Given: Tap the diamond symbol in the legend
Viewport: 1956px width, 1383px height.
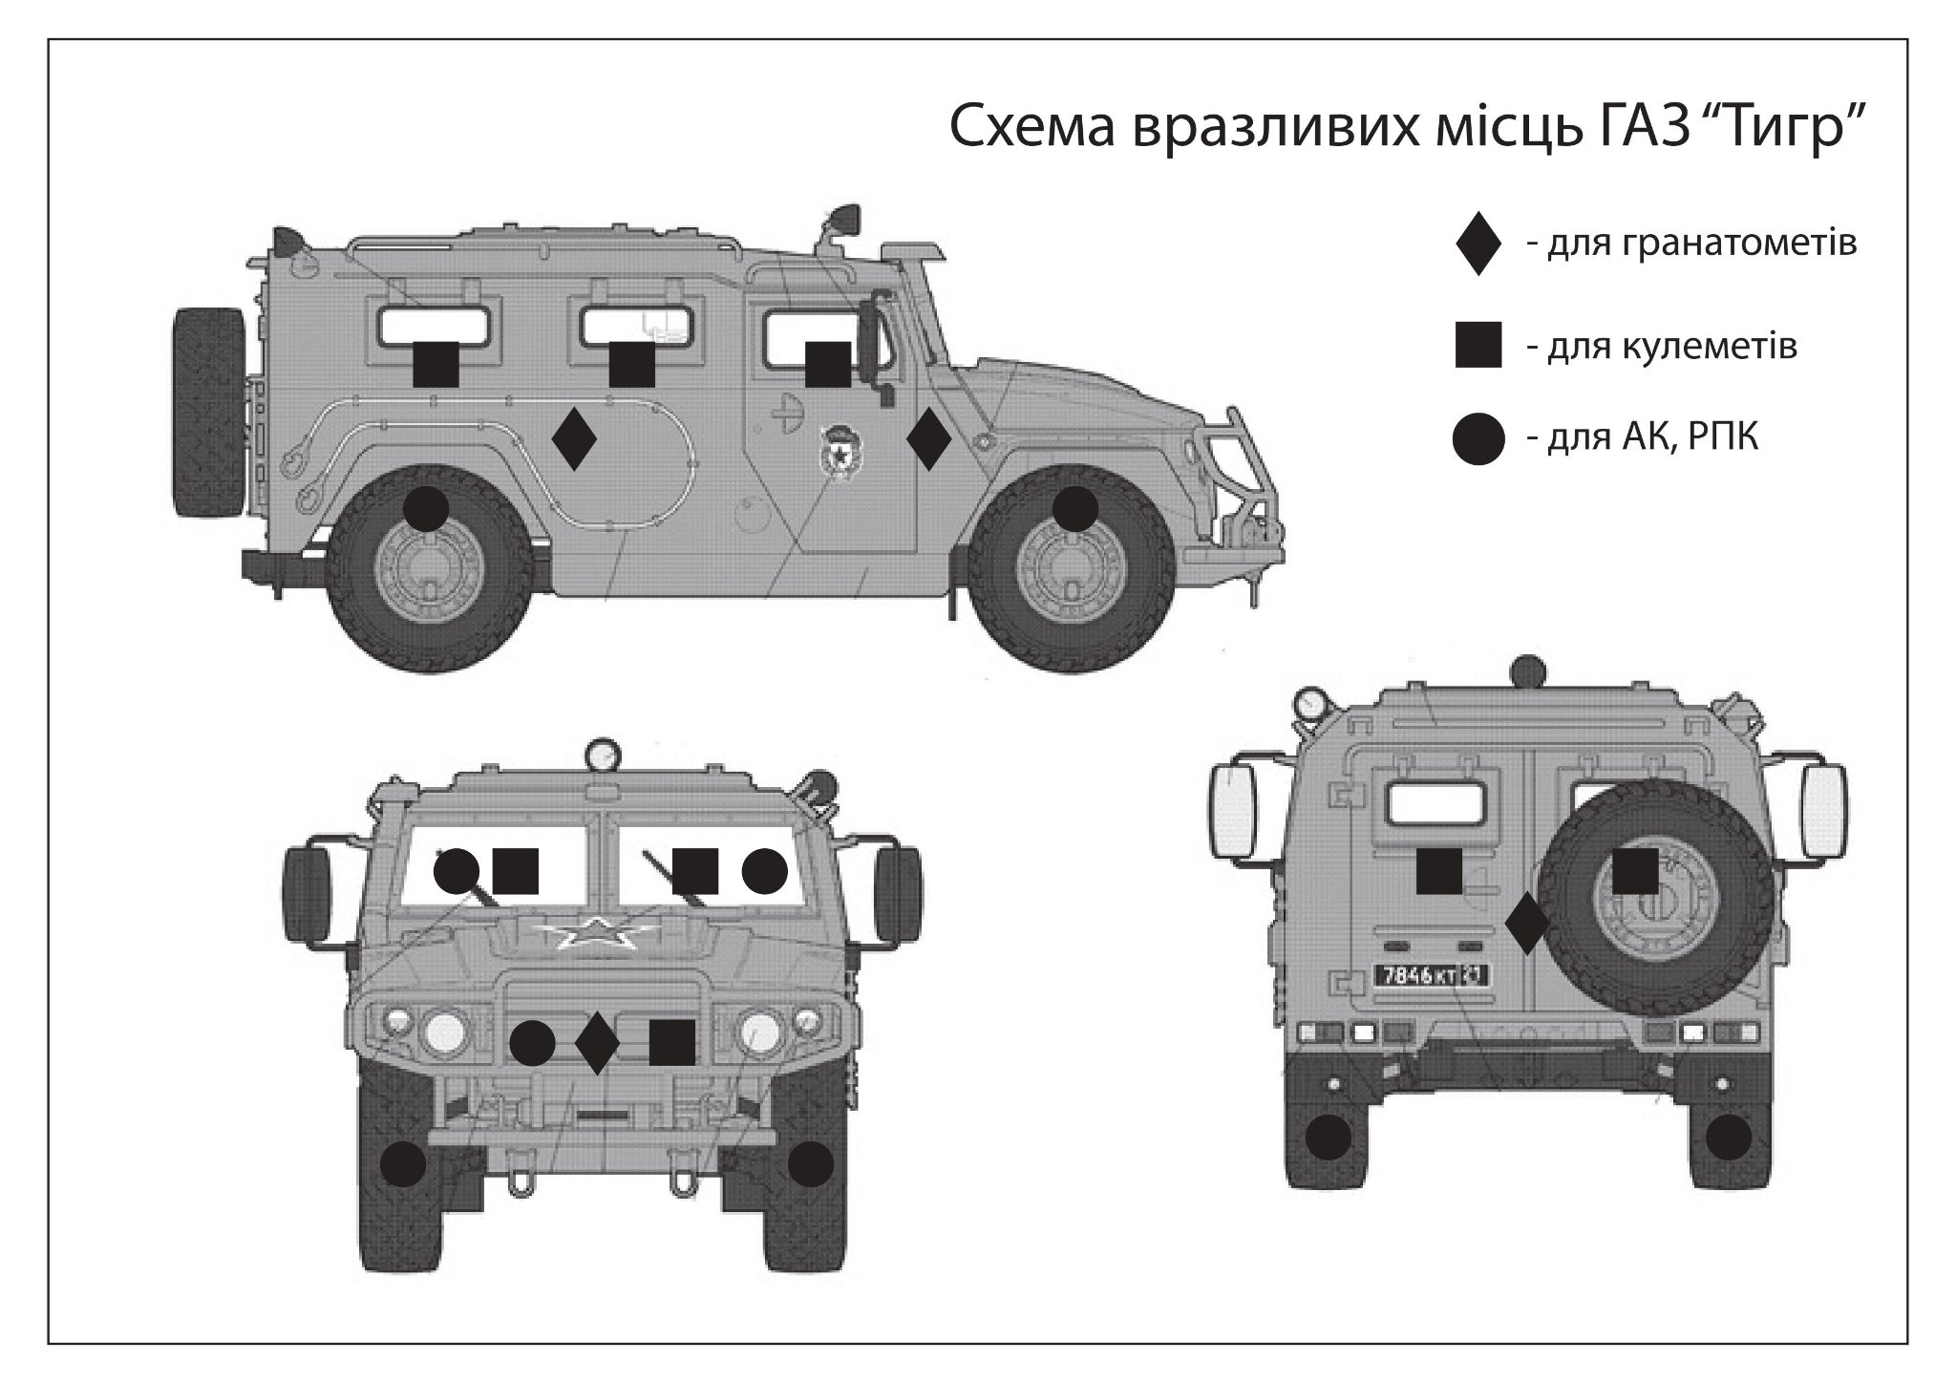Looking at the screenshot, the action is pyautogui.click(x=1478, y=244).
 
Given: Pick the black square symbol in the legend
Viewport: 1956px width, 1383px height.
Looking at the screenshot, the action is pyautogui.click(x=1478, y=345).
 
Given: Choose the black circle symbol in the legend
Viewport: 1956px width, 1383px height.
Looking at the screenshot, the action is pyautogui.click(x=1478, y=439).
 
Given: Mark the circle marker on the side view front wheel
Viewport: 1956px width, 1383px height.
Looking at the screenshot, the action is pyautogui.click(x=1074, y=509).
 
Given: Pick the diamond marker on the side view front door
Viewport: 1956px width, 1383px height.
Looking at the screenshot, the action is pyautogui.click(x=927, y=438).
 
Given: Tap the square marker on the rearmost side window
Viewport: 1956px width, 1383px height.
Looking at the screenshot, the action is pyautogui.click(x=436, y=364).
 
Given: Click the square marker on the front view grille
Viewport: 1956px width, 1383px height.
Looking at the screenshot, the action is pyautogui.click(x=671, y=1042).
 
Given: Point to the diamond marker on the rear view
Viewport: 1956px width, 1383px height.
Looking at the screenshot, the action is pyautogui.click(x=1526, y=924).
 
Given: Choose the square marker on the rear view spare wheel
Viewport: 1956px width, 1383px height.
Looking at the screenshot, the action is pyautogui.click(x=1635, y=871).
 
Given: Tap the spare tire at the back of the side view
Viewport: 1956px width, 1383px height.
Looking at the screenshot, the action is pyautogui.click(x=208, y=413).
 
